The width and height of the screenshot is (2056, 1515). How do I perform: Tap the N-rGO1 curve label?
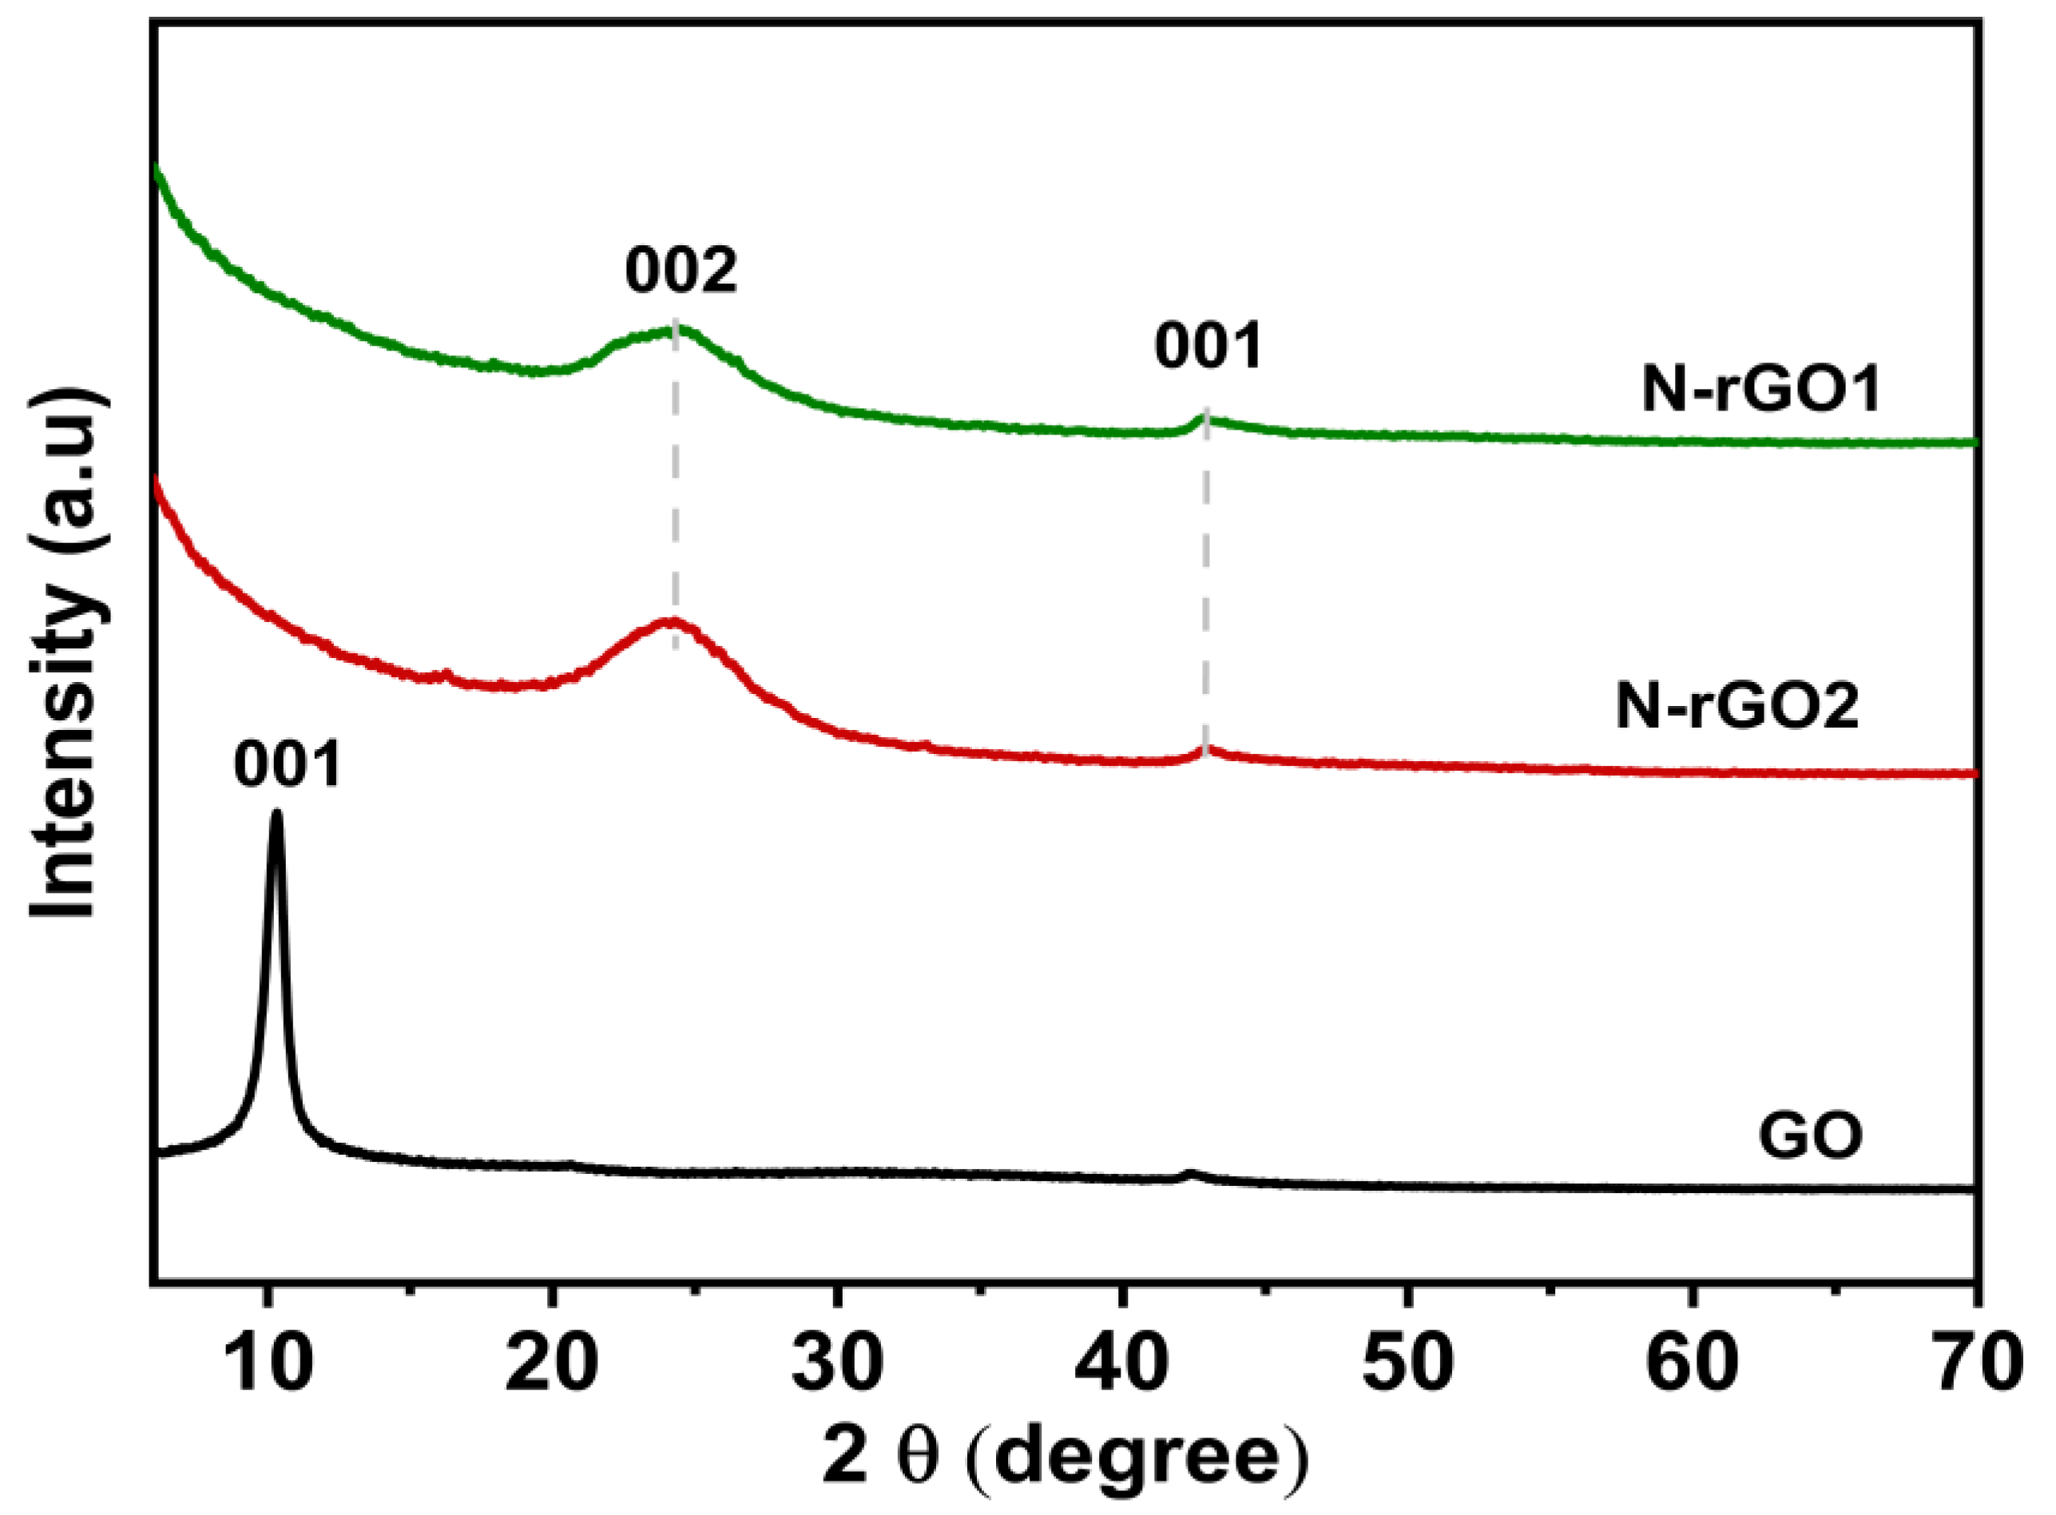(x=1761, y=391)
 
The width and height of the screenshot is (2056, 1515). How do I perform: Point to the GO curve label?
(x=1810, y=1138)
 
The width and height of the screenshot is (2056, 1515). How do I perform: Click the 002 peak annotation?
(x=681, y=272)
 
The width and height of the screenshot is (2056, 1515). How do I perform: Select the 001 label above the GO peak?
(x=287, y=767)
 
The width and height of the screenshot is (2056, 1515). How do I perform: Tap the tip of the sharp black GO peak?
(x=276, y=815)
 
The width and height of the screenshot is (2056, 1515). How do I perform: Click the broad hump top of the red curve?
(x=673, y=621)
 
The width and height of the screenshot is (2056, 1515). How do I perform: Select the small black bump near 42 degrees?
(x=1189, y=1174)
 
